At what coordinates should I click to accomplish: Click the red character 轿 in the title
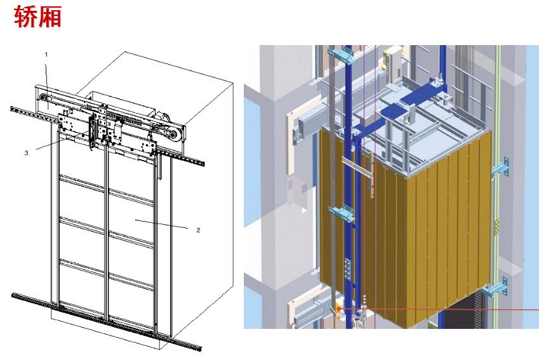tap(26, 16)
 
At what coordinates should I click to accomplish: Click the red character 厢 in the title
tap(50, 16)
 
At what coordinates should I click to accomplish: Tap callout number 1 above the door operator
tap(46, 55)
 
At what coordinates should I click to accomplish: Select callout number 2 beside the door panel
tap(198, 230)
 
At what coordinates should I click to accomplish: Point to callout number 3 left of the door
tap(27, 153)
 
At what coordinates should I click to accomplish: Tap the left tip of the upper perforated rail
tap(11, 109)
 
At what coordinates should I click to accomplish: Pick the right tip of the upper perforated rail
tap(203, 164)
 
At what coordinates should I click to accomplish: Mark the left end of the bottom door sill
tap(13, 295)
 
